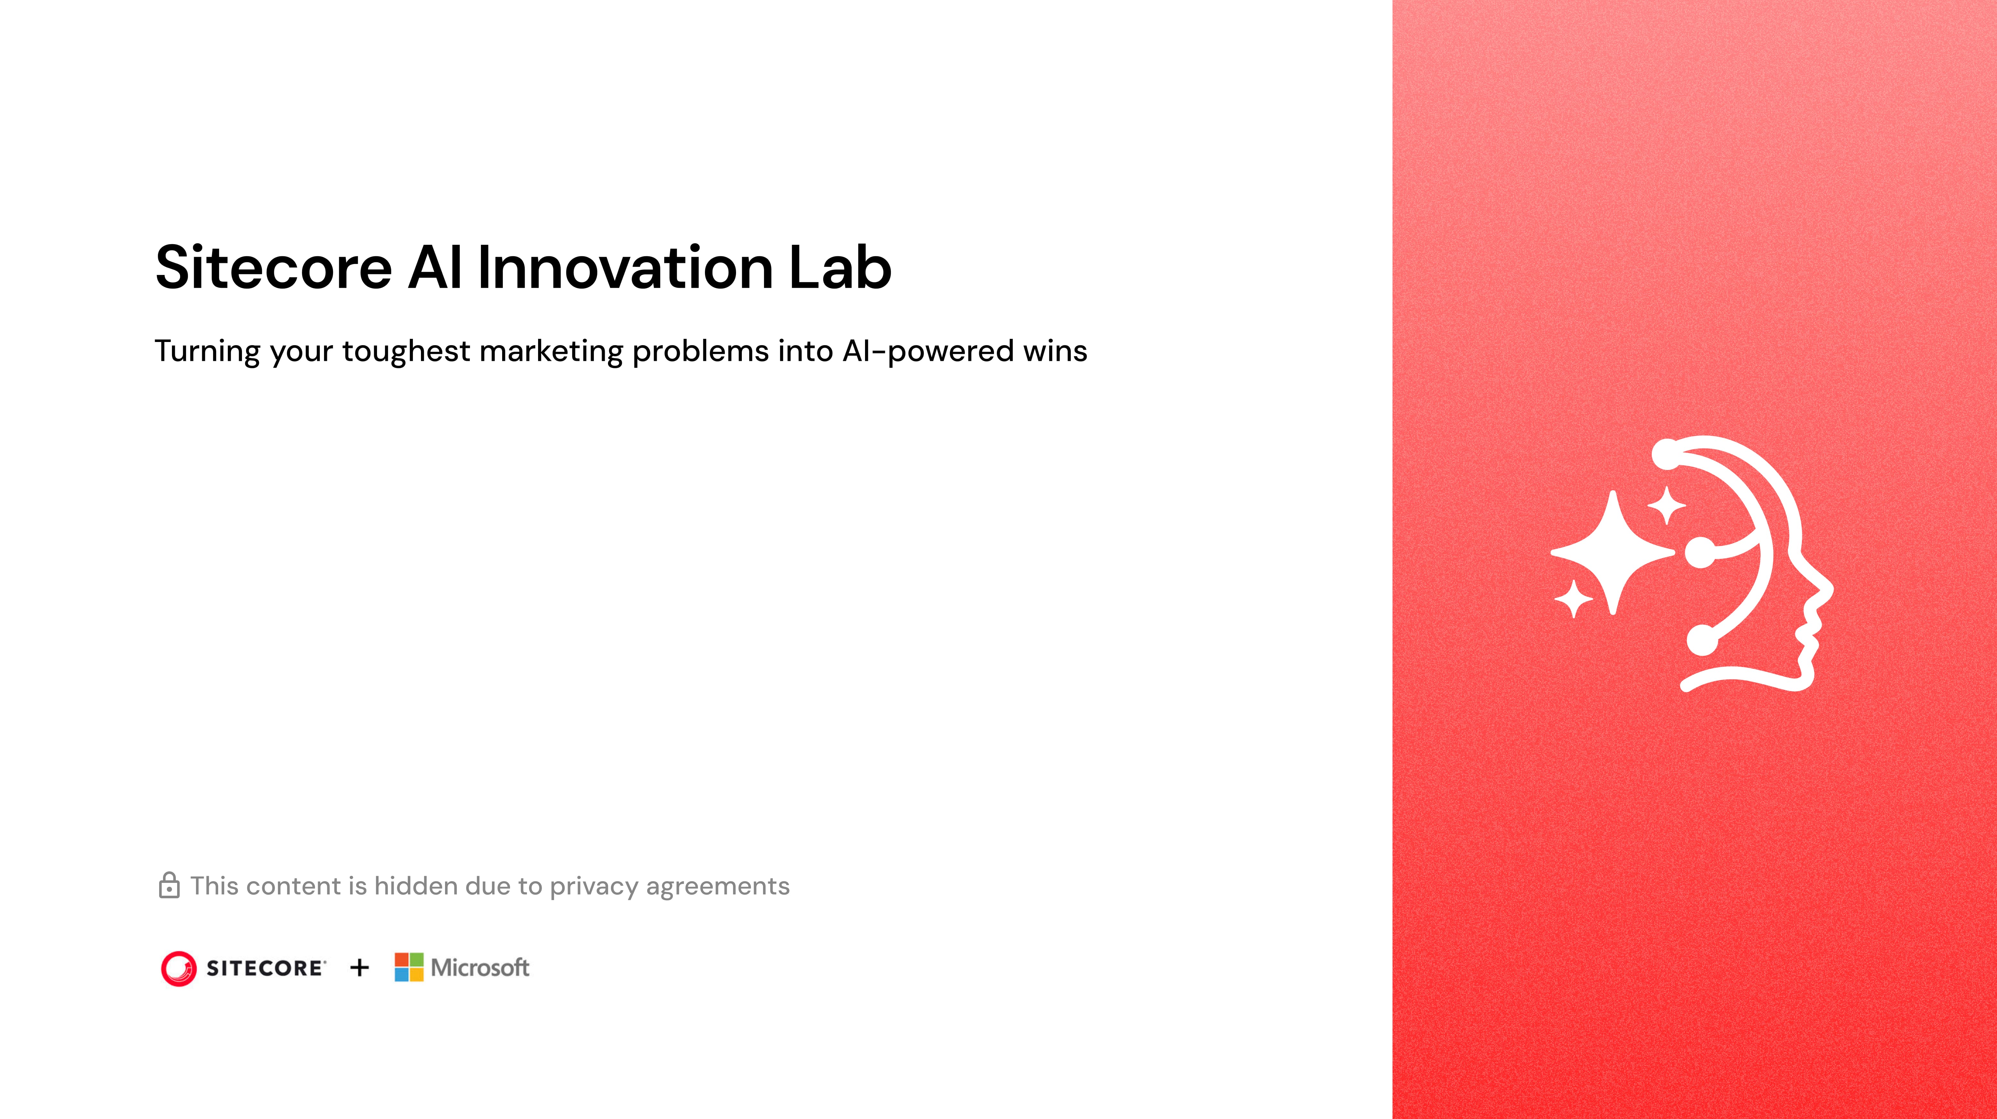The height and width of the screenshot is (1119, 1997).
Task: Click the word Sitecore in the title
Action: click(274, 268)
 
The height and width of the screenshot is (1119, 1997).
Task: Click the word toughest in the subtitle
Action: click(406, 351)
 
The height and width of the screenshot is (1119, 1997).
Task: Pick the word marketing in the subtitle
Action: click(551, 351)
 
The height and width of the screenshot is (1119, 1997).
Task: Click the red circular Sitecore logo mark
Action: click(178, 968)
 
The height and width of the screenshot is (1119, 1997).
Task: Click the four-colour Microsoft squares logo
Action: click(408, 967)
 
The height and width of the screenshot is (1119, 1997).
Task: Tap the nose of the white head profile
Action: click(1826, 589)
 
